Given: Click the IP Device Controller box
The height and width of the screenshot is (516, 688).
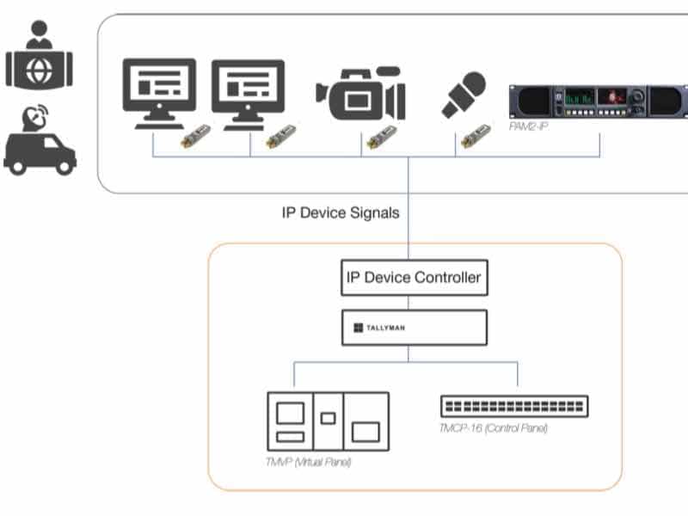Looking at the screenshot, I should (414, 278).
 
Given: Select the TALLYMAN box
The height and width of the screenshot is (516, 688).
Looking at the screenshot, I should (414, 328).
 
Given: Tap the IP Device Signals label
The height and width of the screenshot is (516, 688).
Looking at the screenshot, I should (341, 212).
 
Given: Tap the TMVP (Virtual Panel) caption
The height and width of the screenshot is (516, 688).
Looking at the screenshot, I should (309, 463).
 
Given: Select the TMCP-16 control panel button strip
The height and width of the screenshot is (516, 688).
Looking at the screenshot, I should (514, 406).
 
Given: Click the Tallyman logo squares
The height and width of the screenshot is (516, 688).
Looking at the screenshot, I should (359, 328).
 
